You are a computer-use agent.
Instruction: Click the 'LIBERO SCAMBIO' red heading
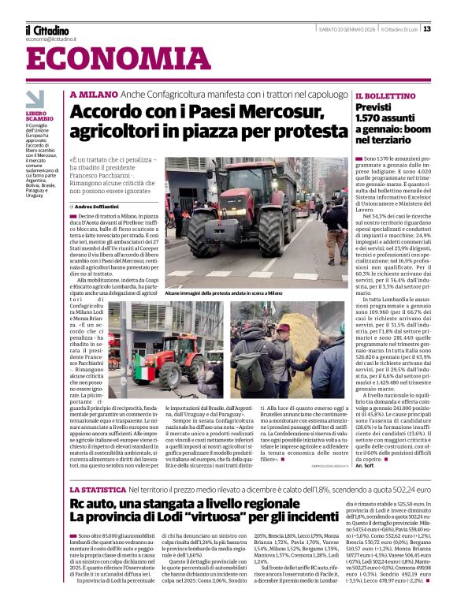click(39, 116)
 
